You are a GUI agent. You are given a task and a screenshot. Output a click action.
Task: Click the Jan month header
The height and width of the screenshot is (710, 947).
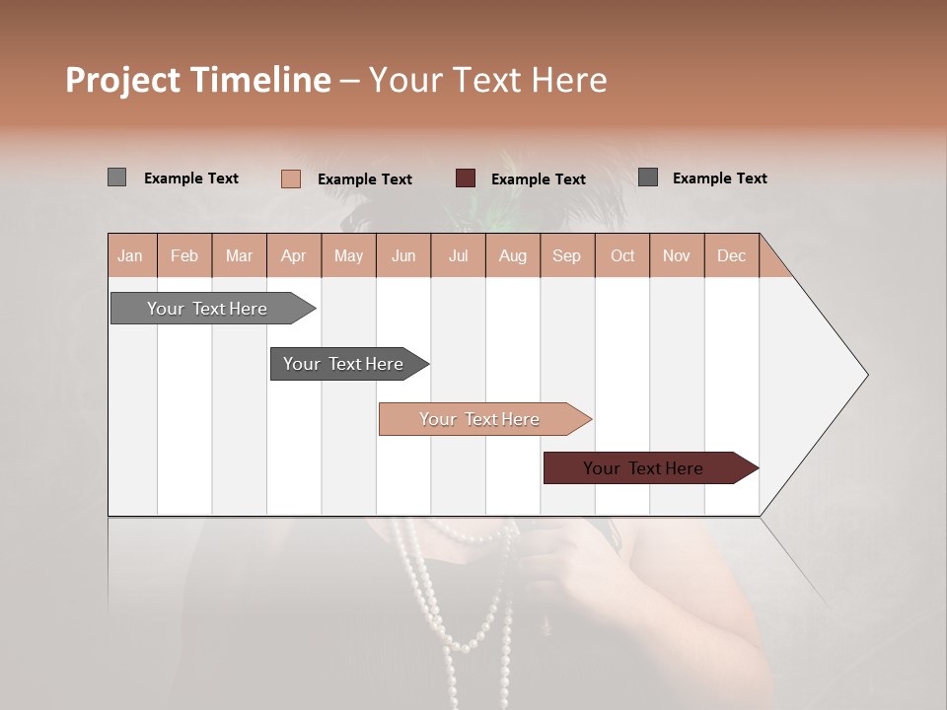pyautogui.click(x=131, y=255)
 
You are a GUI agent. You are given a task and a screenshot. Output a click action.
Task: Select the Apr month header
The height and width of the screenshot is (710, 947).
pyautogui.click(x=293, y=255)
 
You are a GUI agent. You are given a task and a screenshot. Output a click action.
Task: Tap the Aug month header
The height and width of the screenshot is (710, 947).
pyautogui.click(x=512, y=255)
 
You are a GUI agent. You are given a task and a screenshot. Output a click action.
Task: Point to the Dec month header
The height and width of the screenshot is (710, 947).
pyautogui.click(x=731, y=255)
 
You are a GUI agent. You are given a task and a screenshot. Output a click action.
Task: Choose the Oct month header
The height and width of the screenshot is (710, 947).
pyautogui.click(x=621, y=255)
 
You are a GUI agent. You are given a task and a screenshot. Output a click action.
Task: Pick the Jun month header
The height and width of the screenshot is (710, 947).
pyautogui.click(x=402, y=255)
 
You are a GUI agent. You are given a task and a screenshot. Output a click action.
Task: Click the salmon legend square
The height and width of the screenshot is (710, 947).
pyautogui.click(x=290, y=178)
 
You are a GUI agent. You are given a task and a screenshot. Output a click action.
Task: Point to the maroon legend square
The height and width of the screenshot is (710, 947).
pyautogui.click(x=466, y=178)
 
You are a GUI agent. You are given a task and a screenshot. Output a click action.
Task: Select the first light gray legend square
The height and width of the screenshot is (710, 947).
pyautogui.click(x=116, y=177)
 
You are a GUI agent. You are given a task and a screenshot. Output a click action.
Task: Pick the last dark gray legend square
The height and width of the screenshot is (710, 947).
pyautogui.click(x=648, y=177)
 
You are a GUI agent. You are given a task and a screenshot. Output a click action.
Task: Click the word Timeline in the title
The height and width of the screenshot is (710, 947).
pyautogui.click(x=259, y=80)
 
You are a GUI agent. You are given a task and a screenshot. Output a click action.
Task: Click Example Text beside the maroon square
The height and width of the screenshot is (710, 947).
pyautogui.click(x=538, y=179)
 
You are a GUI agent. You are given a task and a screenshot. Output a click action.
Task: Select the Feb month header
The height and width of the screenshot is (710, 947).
pyautogui.click(x=184, y=255)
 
